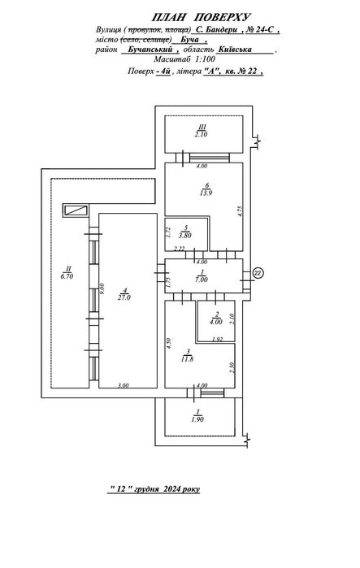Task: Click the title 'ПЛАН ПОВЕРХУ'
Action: pos(201,17)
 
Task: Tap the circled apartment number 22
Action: pos(258,273)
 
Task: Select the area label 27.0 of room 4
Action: pos(124,297)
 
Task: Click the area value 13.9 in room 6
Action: pos(206,193)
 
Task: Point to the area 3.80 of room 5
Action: pos(186,236)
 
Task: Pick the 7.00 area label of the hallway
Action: pos(202,280)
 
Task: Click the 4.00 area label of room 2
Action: pos(216,322)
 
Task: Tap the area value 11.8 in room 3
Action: pos(188,359)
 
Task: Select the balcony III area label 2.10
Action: pos(201,134)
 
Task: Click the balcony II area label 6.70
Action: pos(67,276)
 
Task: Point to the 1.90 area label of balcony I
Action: pos(197,419)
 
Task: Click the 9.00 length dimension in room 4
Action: pos(102,289)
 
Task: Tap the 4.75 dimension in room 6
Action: pos(240,211)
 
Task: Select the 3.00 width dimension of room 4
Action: pos(124,385)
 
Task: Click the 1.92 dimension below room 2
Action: pos(217,340)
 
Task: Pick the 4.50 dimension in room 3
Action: pos(168,343)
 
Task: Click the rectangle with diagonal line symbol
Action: pos(76,210)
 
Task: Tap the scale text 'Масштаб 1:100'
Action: pos(184,59)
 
